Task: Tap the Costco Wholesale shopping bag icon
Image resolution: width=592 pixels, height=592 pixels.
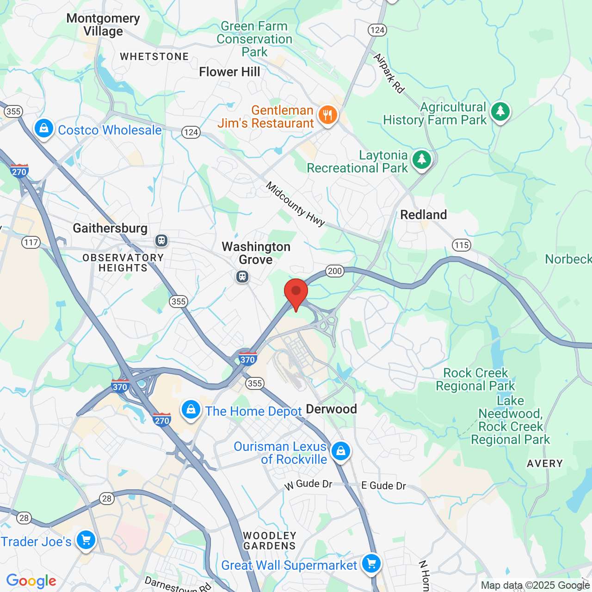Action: click(x=43, y=128)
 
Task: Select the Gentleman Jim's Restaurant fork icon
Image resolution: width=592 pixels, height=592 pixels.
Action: click(x=328, y=114)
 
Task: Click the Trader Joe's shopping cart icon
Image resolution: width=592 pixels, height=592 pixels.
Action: click(x=86, y=540)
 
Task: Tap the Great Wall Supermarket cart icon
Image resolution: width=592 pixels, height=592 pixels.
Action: click(x=371, y=563)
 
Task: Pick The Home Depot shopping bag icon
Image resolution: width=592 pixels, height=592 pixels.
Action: click(x=191, y=409)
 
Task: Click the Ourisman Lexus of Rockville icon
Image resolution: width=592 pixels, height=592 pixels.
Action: click(x=341, y=450)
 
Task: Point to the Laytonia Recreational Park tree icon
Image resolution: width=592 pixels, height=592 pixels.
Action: click(x=421, y=160)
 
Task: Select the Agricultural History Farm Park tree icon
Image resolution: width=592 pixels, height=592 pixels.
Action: click(x=500, y=111)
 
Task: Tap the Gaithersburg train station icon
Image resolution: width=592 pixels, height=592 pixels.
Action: click(x=161, y=240)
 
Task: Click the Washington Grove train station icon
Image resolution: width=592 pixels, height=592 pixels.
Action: click(x=242, y=277)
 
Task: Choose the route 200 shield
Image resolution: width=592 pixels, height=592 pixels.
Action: click(x=335, y=271)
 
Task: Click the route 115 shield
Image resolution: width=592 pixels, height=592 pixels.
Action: click(x=461, y=245)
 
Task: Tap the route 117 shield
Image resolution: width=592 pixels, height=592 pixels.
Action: click(x=31, y=242)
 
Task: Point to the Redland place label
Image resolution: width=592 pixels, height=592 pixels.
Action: click(x=423, y=215)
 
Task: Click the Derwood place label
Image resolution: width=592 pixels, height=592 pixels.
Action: click(x=331, y=409)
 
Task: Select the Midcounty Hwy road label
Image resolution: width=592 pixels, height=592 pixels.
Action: click(x=295, y=204)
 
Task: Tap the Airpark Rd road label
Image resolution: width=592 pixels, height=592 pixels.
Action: click(x=388, y=73)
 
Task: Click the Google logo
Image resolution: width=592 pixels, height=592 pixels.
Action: click(x=31, y=581)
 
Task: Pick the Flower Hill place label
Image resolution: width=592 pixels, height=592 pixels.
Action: click(x=229, y=72)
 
